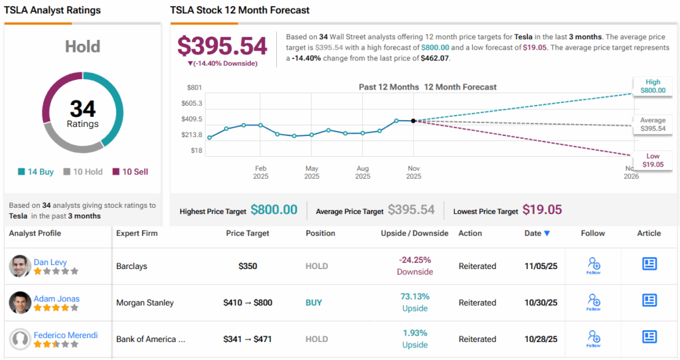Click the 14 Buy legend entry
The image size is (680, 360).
[x=37, y=172]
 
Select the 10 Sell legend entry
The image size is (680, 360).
[x=130, y=172]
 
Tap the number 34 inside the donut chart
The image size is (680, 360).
[x=82, y=109]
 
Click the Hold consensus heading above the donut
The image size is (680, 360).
[x=82, y=47]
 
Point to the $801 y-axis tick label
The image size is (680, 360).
[x=194, y=88]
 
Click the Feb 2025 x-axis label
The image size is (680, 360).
[x=260, y=173]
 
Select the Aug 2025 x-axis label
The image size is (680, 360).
[x=363, y=173]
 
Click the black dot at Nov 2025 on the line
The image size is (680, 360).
[x=413, y=121]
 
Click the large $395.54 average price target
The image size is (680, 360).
[x=222, y=46]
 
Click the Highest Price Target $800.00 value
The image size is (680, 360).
[x=274, y=210]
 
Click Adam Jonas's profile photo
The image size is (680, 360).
[x=20, y=303]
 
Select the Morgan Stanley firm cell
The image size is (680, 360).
[x=144, y=303]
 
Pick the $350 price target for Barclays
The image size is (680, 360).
[x=248, y=266]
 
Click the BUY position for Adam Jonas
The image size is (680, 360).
[x=313, y=303]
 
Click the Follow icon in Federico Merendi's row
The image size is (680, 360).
[x=594, y=338]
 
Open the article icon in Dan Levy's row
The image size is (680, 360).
[x=649, y=264]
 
